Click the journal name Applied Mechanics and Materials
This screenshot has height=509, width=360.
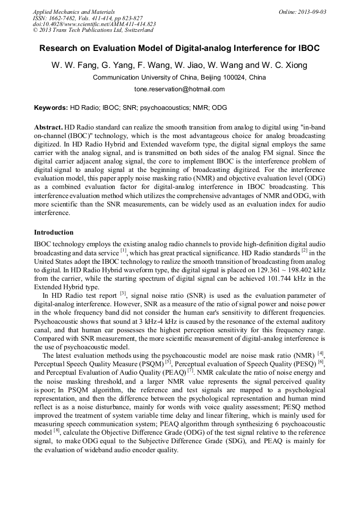74,11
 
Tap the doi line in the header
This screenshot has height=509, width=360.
94,24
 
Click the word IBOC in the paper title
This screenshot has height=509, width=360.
308,48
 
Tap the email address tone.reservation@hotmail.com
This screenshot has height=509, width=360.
179,89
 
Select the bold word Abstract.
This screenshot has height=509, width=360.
48,128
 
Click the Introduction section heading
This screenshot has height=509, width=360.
54,232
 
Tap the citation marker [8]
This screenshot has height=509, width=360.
55,431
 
